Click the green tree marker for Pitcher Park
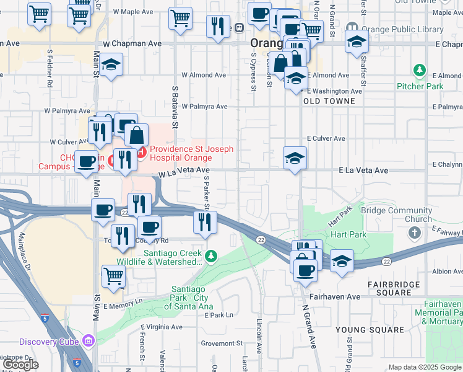pos(420,70)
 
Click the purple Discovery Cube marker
pos(88,340)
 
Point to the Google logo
pos(20,365)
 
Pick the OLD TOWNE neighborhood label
pos(329,100)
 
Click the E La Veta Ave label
pos(363,170)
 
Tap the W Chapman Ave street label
pos(132,44)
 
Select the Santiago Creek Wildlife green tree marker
pos(211,255)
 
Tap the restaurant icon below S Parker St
pos(206,223)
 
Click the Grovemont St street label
pos(222,343)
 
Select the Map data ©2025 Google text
pos(424,366)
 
